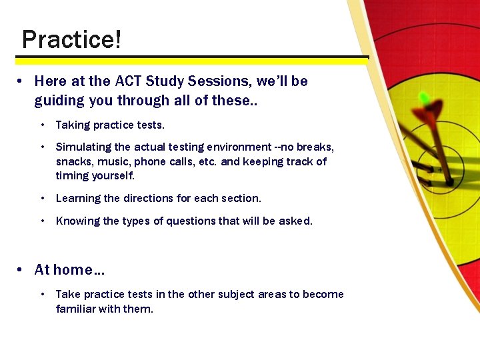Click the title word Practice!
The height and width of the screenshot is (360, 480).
pos(71,40)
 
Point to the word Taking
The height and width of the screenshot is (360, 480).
pos(73,125)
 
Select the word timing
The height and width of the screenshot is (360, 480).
pos(72,176)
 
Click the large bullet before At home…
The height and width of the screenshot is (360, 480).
pos(21,270)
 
